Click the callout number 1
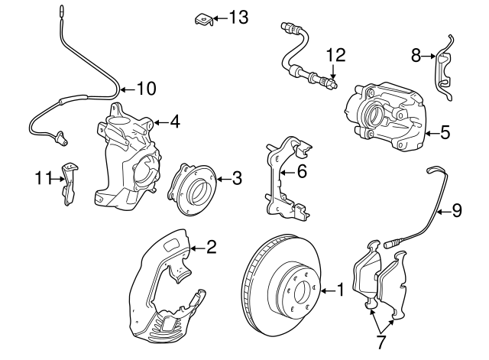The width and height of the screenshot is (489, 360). pyautogui.click(x=340, y=290)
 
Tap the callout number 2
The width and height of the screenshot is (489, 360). pyautogui.click(x=212, y=246)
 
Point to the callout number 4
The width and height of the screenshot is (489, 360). pyautogui.click(x=175, y=121)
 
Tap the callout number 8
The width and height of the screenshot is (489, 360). pyautogui.click(x=416, y=55)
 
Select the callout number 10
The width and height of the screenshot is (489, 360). pyautogui.click(x=146, y=89)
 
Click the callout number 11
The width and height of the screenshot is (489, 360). pyautogui.click(x=40, y=179)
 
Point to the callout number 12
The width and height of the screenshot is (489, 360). pyautogui.click(x=336, y=55)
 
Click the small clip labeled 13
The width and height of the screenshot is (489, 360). pyautogui.click(x=201, y=18)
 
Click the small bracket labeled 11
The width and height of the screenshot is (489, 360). pyautogui.click(x=70, y=182)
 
